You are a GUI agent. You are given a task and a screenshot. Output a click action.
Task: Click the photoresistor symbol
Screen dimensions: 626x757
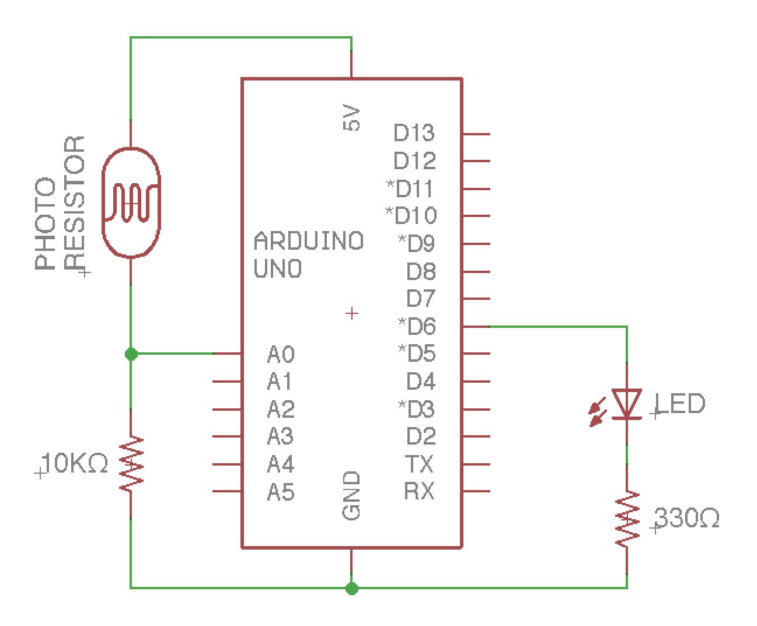pyautogui.click(x=131, y=202)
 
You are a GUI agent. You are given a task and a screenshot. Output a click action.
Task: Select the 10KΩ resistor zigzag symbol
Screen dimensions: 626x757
pyautogui.click(x=131, y=464)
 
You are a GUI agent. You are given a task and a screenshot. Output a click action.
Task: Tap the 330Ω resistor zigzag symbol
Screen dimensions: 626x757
pyautogui.click(x=627, y=519)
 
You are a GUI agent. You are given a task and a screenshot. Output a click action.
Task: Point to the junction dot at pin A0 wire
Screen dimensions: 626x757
pyautogui.click(x=131, y=354)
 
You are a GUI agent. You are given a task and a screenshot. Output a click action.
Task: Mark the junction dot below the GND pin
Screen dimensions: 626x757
pyautogui.click(x=351, y=588)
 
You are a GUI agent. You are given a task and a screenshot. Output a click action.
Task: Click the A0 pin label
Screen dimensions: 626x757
pyautogui.click(x=281, y=354)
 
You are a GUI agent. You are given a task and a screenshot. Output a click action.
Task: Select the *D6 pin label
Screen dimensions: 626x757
pyautogui.click(x=417, y=327)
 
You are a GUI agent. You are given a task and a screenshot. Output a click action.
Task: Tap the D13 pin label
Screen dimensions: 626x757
pyautogui.click(x=414, y=134)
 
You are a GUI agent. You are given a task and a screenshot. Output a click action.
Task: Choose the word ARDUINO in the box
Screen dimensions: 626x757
pyautogui.click(x=309, y=241)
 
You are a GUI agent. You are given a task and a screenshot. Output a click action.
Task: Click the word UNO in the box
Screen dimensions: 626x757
pyautogui.click(x=278, y=269)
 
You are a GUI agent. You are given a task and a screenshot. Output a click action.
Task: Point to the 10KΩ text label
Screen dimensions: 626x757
pyautogui.click(x=75, y=464)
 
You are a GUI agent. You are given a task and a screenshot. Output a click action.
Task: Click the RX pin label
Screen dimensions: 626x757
pyautogui.click(x=420, y=492)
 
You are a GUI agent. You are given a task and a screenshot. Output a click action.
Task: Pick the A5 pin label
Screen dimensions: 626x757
pyautogui.click(x=281, y=493)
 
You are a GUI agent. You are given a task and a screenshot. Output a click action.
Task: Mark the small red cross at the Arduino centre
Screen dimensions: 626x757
pyautogui.click(x=351, y=313)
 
